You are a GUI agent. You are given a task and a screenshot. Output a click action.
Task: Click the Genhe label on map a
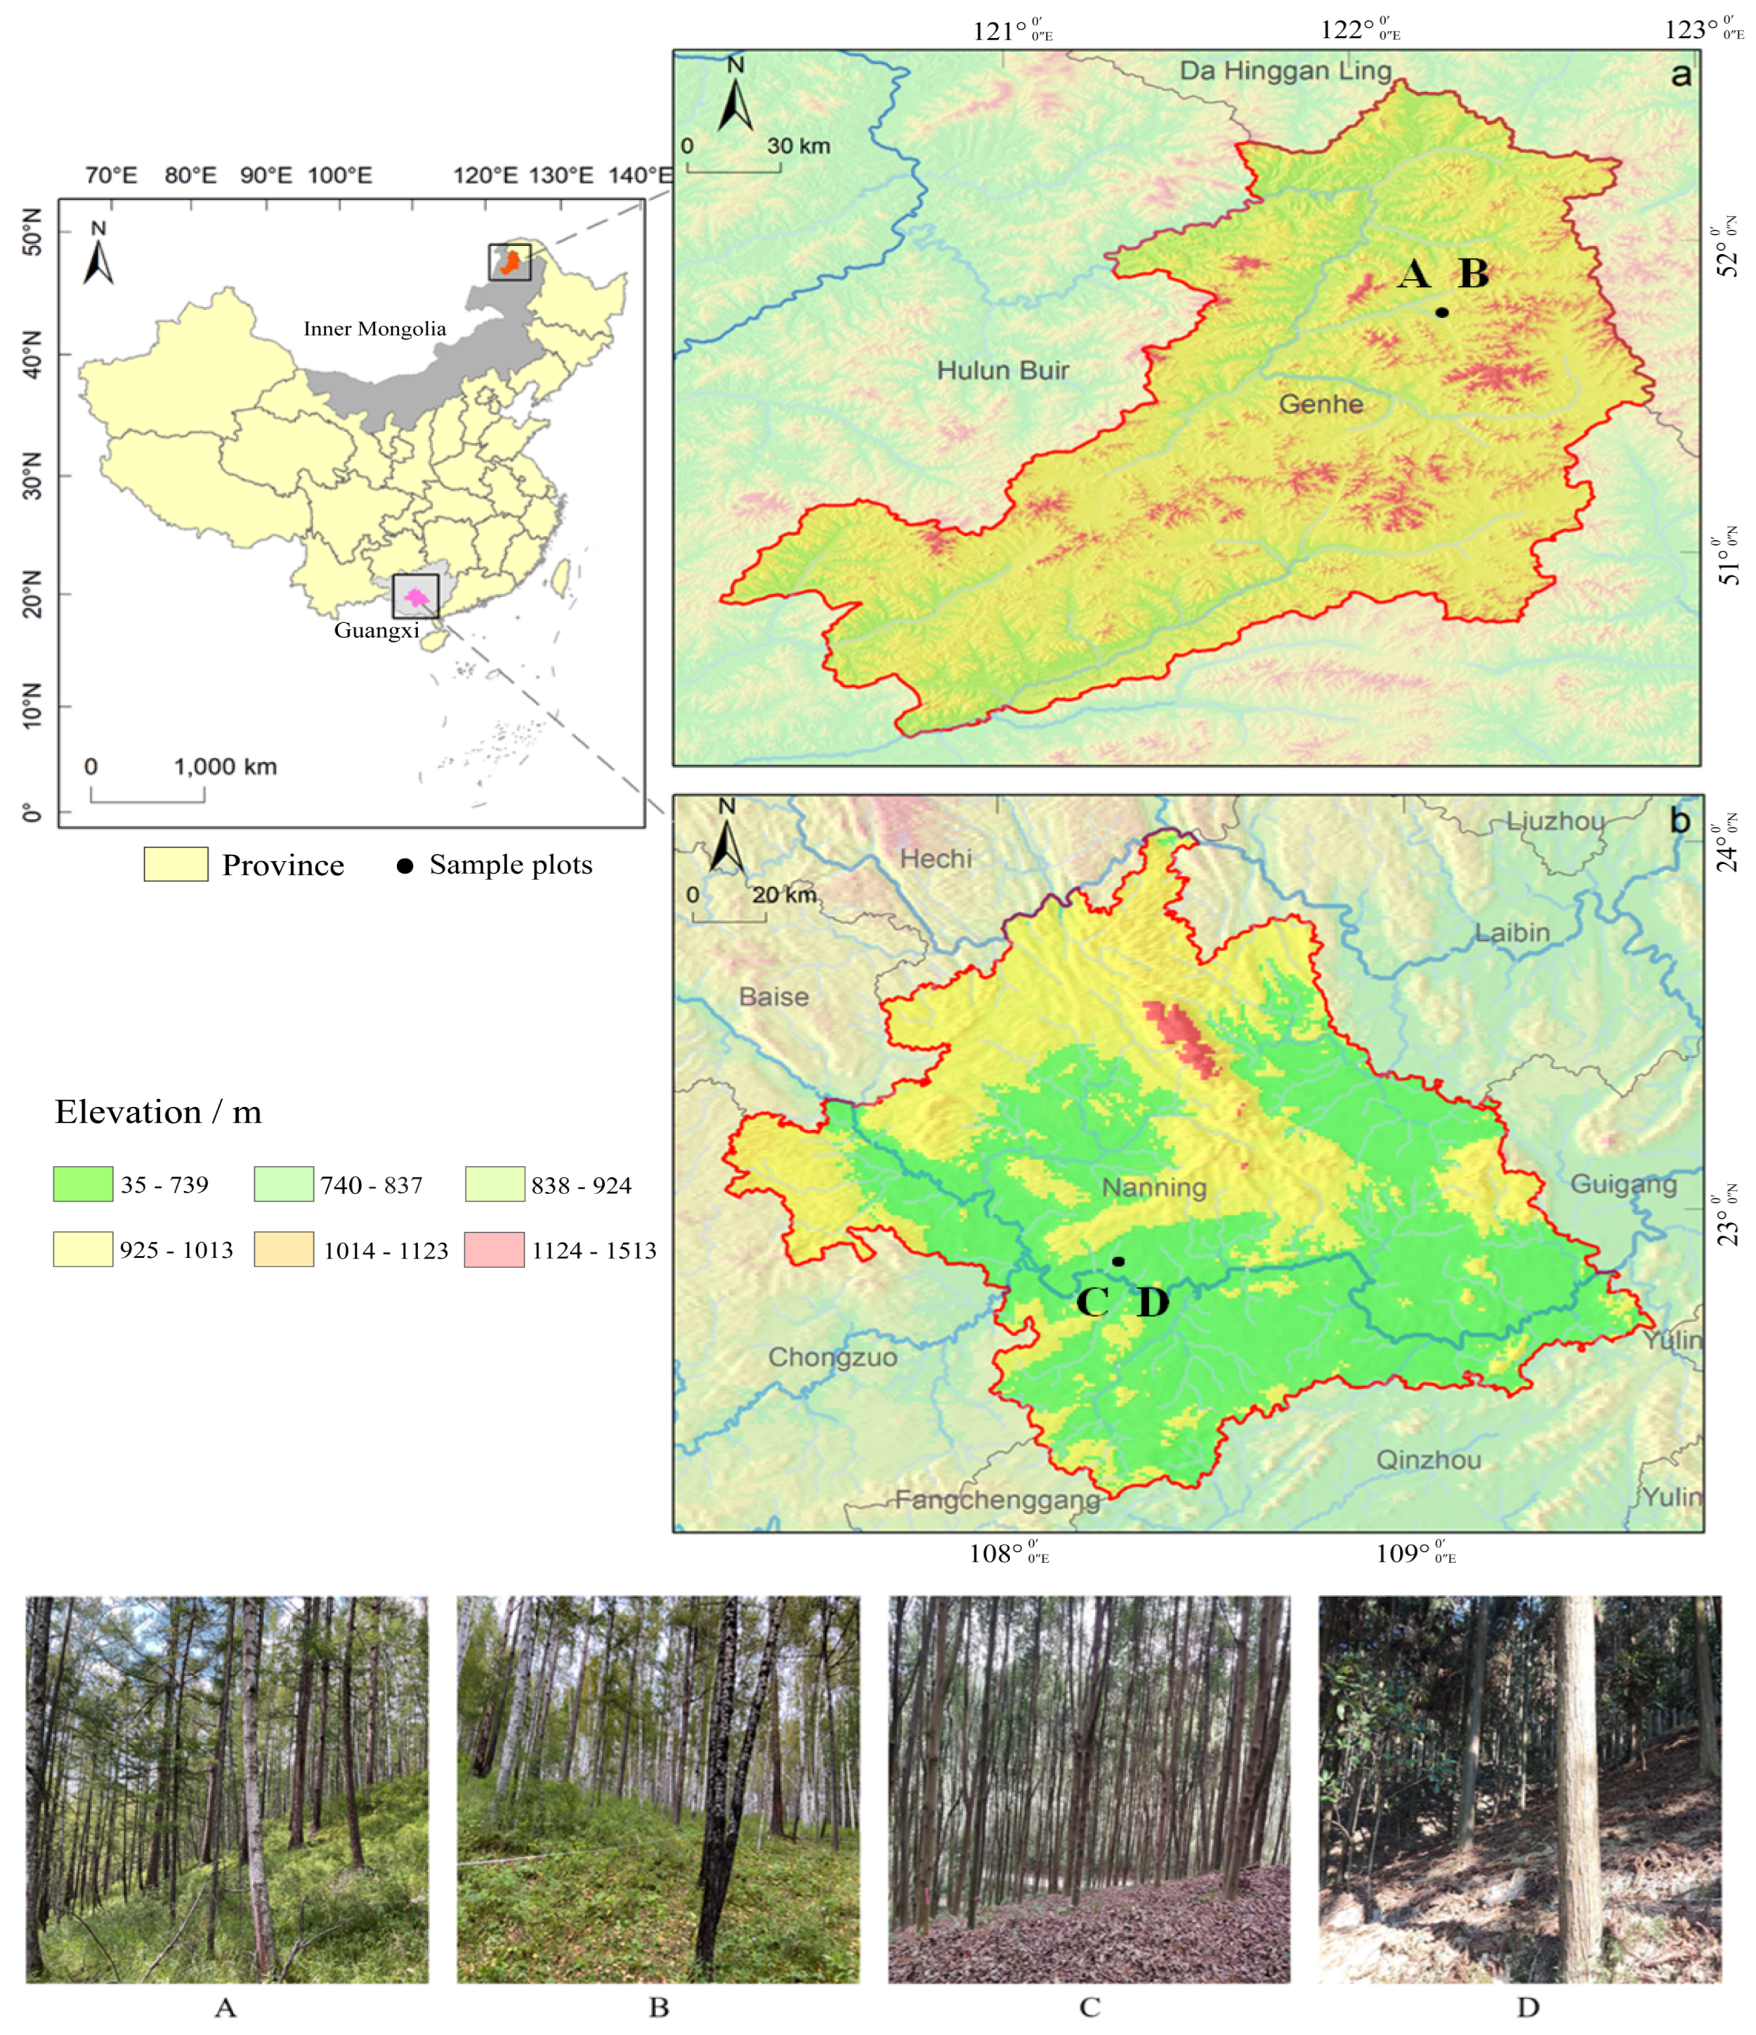[1321, 404]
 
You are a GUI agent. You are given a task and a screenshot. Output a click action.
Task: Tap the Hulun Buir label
[1002, 370]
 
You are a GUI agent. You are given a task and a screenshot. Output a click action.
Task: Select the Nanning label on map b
[1154, 1186]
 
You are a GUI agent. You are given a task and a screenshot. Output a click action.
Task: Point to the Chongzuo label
[832, 1357]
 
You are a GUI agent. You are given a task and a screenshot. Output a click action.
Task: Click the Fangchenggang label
[997, 1500]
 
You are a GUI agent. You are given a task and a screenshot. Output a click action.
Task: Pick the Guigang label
[1623, 1184]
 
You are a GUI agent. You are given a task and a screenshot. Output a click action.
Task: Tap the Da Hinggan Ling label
[1285, 71]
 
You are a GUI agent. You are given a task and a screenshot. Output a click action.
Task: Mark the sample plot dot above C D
[1118, 1261]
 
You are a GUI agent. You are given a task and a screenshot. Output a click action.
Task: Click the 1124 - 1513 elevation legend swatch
[494, 1249]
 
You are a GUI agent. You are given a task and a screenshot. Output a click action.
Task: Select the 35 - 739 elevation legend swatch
[82, 1184]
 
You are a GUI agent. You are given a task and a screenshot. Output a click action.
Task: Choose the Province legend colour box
[176, 864]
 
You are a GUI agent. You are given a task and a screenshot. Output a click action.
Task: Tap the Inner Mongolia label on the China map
[374, 329]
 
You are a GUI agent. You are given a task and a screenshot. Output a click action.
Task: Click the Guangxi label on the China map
[376, 631]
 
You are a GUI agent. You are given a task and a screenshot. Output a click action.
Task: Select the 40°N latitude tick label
[32, 355]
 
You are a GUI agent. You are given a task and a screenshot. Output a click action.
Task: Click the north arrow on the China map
[98, 254]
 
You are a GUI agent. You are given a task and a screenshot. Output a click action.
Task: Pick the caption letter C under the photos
[1089, 2008]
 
